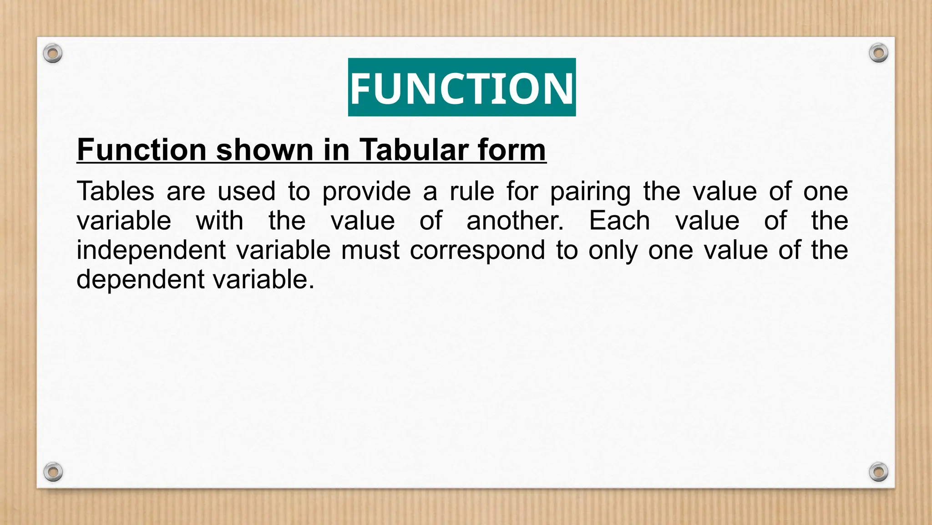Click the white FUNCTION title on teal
[461, 87]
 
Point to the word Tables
[116, 191]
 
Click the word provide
[366, 192]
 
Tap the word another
[515, 221]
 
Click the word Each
[619, 221]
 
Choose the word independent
[151, 251]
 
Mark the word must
[370, 250]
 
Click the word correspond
[477, 251]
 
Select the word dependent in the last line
[140, 279]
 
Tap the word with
[219, 221]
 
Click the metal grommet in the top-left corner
[53, 54]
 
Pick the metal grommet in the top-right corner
[878, 53]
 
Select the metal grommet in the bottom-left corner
[53, 472]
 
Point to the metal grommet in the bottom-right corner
[878, 472]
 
